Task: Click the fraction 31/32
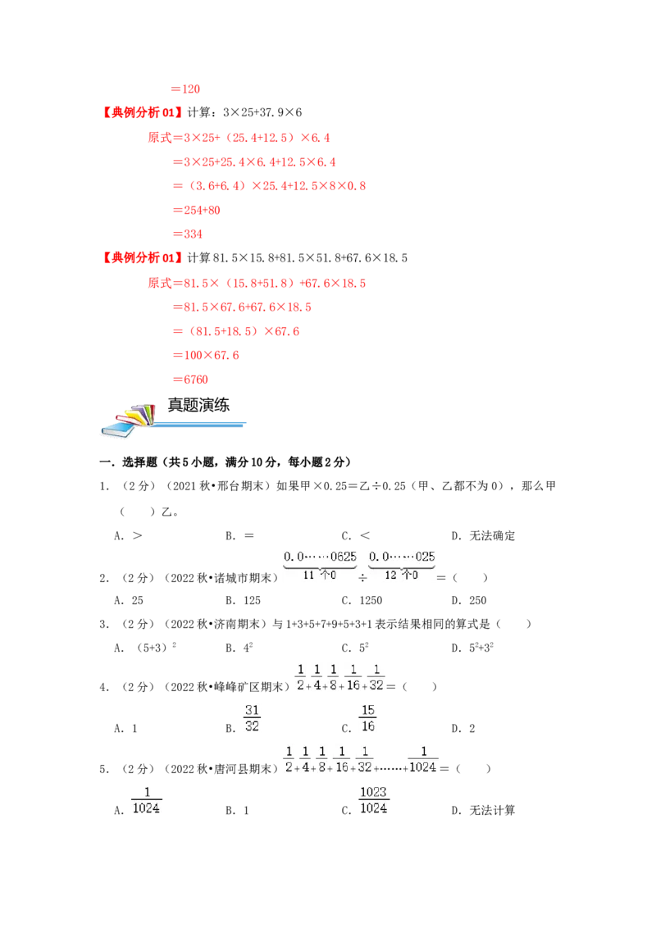coord(253,718)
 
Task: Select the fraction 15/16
coord(368,718)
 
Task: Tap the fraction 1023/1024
coord(373,799)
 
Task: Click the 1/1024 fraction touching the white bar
coord(423,758)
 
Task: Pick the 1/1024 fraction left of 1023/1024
coord(145,800)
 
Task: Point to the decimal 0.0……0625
coord(321,557)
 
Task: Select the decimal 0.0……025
coord(403,557)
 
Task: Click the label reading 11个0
coord(320,575)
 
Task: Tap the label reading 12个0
coord(402,575)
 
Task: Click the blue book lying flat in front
coord(116,430)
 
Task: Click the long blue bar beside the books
coord(200,425)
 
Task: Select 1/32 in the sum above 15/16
coord(376,676)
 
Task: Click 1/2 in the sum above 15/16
coord(300,676)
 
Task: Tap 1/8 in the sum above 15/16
coord(334,676)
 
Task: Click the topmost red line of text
coord(187,89)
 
